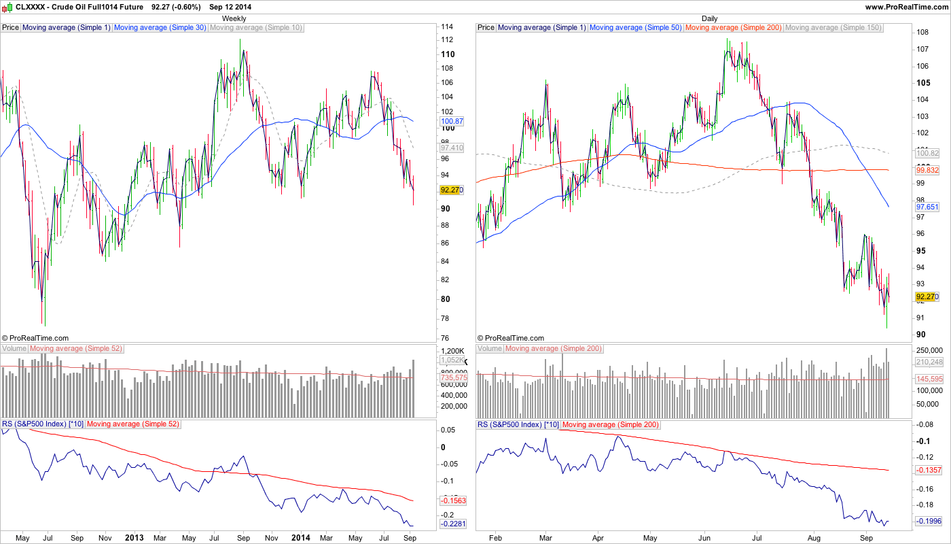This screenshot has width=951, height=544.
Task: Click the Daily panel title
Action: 709,18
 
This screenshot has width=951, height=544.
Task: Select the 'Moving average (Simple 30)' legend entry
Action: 160,28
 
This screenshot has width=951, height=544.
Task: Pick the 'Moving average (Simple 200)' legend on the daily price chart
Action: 734,28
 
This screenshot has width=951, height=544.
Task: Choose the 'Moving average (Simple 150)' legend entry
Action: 833,28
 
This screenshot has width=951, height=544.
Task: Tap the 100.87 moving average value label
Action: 452,120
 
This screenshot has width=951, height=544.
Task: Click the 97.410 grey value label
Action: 452,148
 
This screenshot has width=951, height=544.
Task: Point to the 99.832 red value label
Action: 927,170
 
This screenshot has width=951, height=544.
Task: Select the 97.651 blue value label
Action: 927,206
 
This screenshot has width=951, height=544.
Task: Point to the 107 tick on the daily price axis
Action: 922,49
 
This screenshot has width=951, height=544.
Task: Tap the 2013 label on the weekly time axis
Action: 134,537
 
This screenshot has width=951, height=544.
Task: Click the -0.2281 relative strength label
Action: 452,524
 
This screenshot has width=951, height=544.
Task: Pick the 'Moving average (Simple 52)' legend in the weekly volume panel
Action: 75,348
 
